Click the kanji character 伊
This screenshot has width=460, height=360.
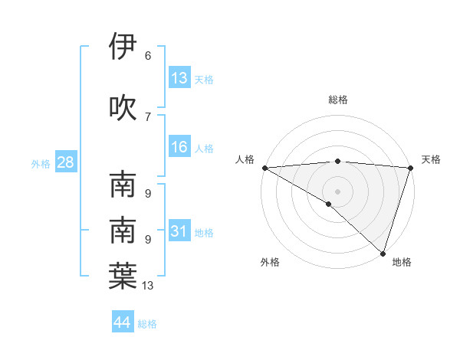tap(123, 47)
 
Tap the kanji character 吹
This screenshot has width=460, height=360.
tap(123, 107)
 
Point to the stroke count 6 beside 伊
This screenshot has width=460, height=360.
tap(148, 56)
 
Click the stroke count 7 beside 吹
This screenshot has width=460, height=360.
tap(148, 116)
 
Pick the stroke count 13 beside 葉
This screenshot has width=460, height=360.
tap(148, 286)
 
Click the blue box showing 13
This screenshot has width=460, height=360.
tap(179, 78)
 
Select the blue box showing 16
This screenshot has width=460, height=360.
tap(179, 147)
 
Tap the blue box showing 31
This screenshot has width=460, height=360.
tap(179, 231)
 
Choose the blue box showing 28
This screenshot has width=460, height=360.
tap(64, 162)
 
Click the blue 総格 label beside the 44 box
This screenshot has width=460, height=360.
tap(147, 324)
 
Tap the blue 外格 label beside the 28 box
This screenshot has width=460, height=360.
tap(41, 163)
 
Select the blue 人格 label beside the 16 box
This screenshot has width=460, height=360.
tap(204, 148)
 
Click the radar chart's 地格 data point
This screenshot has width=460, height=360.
tap(382, 253)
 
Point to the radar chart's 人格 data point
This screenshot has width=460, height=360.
tap(264, 168)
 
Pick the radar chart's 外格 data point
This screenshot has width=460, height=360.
tap(329, 204)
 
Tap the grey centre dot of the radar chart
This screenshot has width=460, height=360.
tap(337, 191)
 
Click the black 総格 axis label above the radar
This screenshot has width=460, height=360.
tap(337, 100)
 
